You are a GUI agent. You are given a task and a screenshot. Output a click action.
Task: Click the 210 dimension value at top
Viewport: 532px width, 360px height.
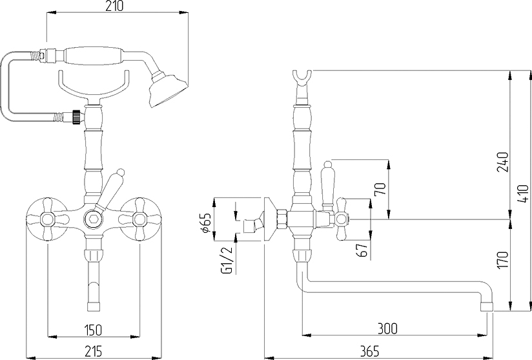pyautogui.click(x=115, y=6)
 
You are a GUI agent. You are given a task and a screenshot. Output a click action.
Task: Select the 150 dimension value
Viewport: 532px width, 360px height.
pyautogui.click(x=92, y=330)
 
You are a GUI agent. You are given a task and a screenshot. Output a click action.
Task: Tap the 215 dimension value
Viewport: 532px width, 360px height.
pyautogui.click(x=92, y=351)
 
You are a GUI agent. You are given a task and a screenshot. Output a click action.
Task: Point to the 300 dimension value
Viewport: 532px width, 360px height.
pyautogui.click(x=387, y=328)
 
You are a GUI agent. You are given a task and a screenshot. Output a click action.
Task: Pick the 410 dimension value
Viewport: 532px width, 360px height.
pyautogui.click(x=525, y=194)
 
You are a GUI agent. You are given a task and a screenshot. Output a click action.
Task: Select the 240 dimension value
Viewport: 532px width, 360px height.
pyautogui.click(x=502, y=162)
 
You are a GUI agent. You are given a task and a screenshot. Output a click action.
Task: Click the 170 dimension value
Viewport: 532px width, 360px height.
pyautogui.click(x=502, y=260)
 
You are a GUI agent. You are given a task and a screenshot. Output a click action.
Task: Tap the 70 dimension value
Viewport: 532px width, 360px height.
pyautogui.click(x=380, y=189)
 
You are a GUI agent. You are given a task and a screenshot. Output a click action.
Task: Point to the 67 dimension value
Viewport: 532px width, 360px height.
pyautogui.click(x=362, y=250)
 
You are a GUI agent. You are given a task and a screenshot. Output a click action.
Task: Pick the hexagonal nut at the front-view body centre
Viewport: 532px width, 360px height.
pyautogui.click(x=93, y=219)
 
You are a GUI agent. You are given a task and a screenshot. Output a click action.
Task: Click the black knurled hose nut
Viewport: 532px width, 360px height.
pyautogui.click(x=77, y=115)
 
